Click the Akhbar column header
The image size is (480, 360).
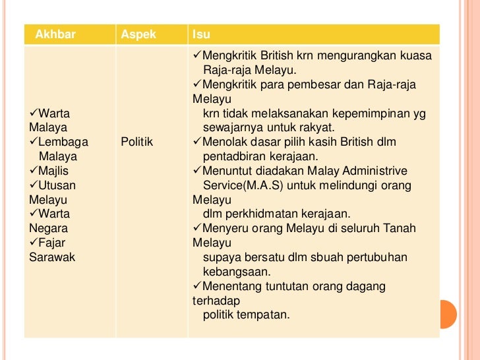pyautogui.click(x=55, y=34)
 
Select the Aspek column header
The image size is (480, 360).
pyautogui.click(x=138, y=34)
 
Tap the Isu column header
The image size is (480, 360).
pyautogui.click(x=201, y=34)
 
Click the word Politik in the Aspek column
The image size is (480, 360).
pyautogui.click(x=137, y=142)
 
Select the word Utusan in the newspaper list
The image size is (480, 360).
pyautogui.click(x=59, y=185)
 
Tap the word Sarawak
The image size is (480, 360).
pyautogui.click(x=52, y=257)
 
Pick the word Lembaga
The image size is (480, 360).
pyautogui.click(x=63, y=142)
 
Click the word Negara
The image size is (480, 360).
pyautogui.click(x=47, y=228)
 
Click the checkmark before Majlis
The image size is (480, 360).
pyautogui.click(x=34, y=171)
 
